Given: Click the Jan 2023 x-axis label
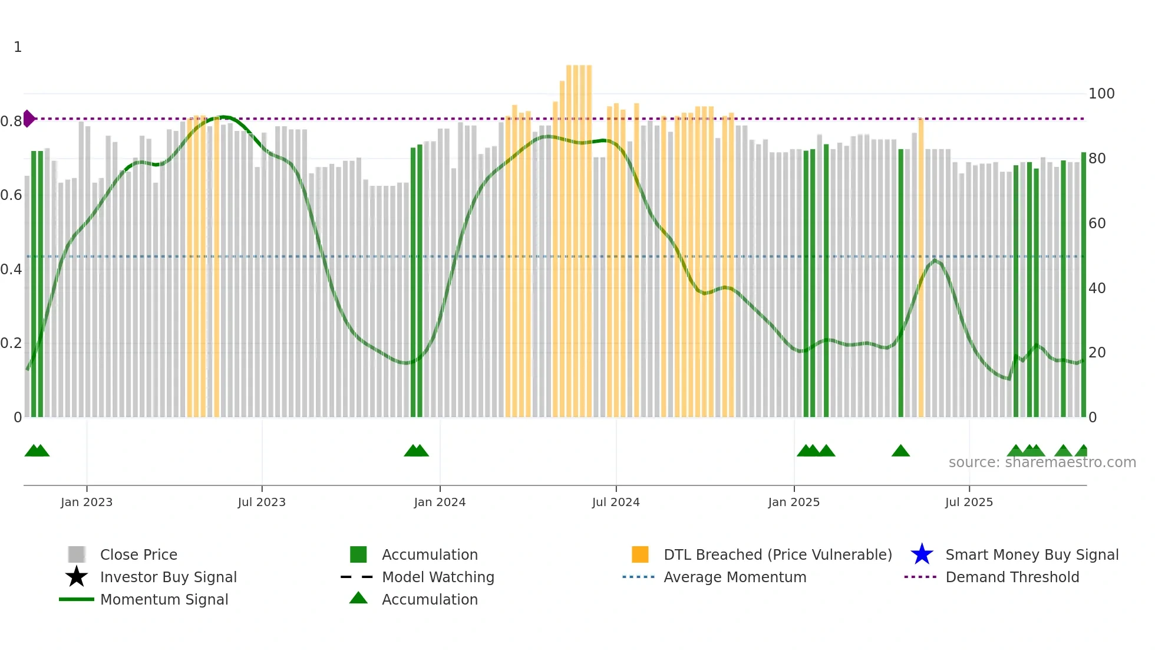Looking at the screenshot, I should pos(87,503).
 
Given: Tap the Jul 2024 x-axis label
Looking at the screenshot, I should pos(616,503).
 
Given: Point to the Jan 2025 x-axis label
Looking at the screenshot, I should pos(794,503).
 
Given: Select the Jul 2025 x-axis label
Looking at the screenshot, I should pos(969,503).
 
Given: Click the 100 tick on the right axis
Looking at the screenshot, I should pos(1101,94).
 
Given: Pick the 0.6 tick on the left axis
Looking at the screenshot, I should pos(11,195).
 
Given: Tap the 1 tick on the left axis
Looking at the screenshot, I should pos(18,47).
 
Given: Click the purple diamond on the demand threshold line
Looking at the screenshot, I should pos(28,119).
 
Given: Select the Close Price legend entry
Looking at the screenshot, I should pos(138,555).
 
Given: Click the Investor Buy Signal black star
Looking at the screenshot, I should pos(77,577).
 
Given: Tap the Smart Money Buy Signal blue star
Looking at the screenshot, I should pos(922,554).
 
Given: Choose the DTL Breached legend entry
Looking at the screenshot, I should pos(777,555).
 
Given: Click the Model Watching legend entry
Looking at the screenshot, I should pos(438,577).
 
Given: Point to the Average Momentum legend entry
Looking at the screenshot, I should pos(735,577).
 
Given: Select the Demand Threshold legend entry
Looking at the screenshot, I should pos(1012,577).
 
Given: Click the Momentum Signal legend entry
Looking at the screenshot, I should pos(164,600).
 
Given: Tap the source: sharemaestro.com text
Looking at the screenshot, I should pos(1042,462).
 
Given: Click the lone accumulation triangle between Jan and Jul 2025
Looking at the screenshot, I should pos(900,451).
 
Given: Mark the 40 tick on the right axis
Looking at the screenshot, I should pos(1097,288).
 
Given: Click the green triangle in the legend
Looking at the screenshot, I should pos(358,598).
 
